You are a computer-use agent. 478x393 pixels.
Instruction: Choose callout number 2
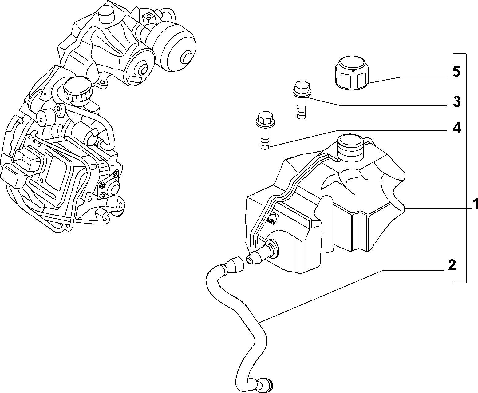click(x=452, y=265)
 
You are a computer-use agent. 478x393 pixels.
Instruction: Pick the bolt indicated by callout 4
click(x=265, y=130)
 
